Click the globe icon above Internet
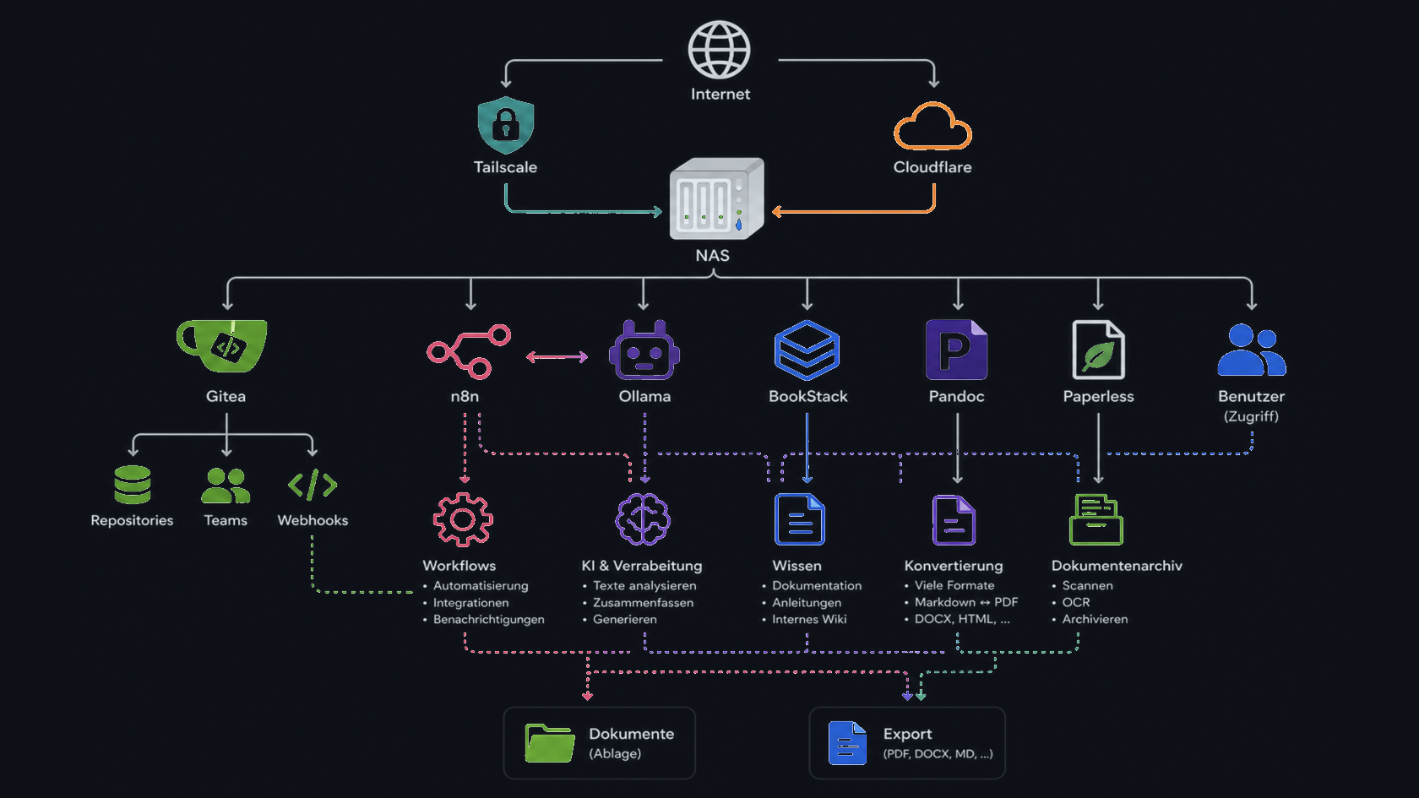coord(719,50)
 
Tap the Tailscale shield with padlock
coord(505,125)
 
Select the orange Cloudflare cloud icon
coord(932,126)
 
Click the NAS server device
coord(716,198)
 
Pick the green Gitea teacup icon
coord(221,346)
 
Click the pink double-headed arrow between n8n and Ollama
coord(557,357)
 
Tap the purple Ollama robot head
coord(644,350)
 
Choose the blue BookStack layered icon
coord(807,350)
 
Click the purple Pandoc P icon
coord(956,350)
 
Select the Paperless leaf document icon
coord(1098,350)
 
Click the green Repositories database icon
coord(133,485)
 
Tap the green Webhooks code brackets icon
coord(313,485)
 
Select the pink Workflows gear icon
coord(463,519)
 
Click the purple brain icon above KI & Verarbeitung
coord(643,519)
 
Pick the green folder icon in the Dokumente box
coord(550,743)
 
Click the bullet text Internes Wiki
coord(809,620)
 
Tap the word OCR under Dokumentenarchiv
coord(1076,602)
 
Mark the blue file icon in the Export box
coord(848,743)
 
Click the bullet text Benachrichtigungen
coord(488,620)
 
